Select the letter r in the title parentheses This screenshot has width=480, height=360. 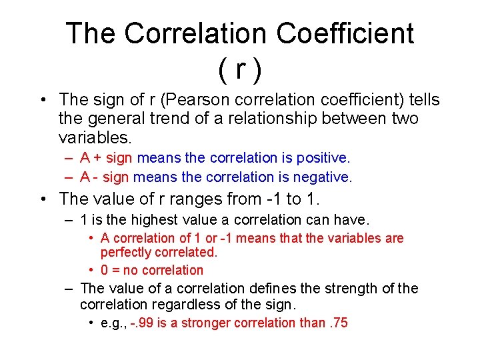tap(239, 67)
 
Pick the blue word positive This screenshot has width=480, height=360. tap(325, 158)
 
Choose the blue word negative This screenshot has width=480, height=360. tap(325, 177)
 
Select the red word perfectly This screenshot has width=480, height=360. tap(127, 253)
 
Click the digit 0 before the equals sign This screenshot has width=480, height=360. tap(105, 270)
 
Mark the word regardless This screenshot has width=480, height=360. tap(175, 305)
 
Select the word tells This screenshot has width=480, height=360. tap(423, 100)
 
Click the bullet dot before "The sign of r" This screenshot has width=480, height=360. tap(42, 101)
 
